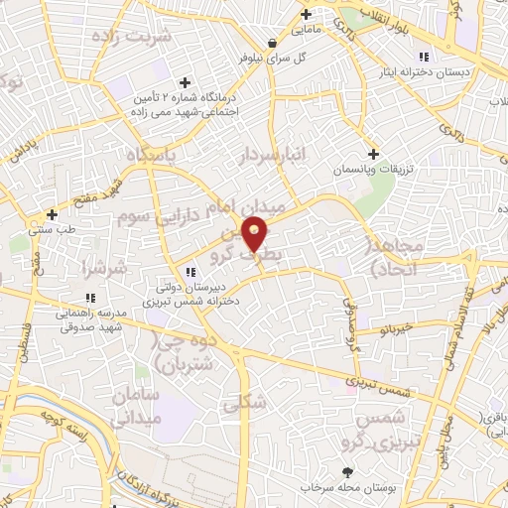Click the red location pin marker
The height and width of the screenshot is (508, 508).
pos(255,234)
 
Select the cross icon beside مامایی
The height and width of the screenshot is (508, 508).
pos(307,14)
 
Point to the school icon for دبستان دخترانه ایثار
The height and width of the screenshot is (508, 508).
pos(424,56)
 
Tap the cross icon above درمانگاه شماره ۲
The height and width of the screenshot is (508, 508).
pos(184,82)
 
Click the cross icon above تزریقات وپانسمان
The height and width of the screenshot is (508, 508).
pos(373,154)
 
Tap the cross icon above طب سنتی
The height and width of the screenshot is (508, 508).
pos(52,213)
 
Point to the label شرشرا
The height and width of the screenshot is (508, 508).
pos(103,267)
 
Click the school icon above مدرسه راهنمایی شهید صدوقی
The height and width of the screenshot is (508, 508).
pos(90,297)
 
